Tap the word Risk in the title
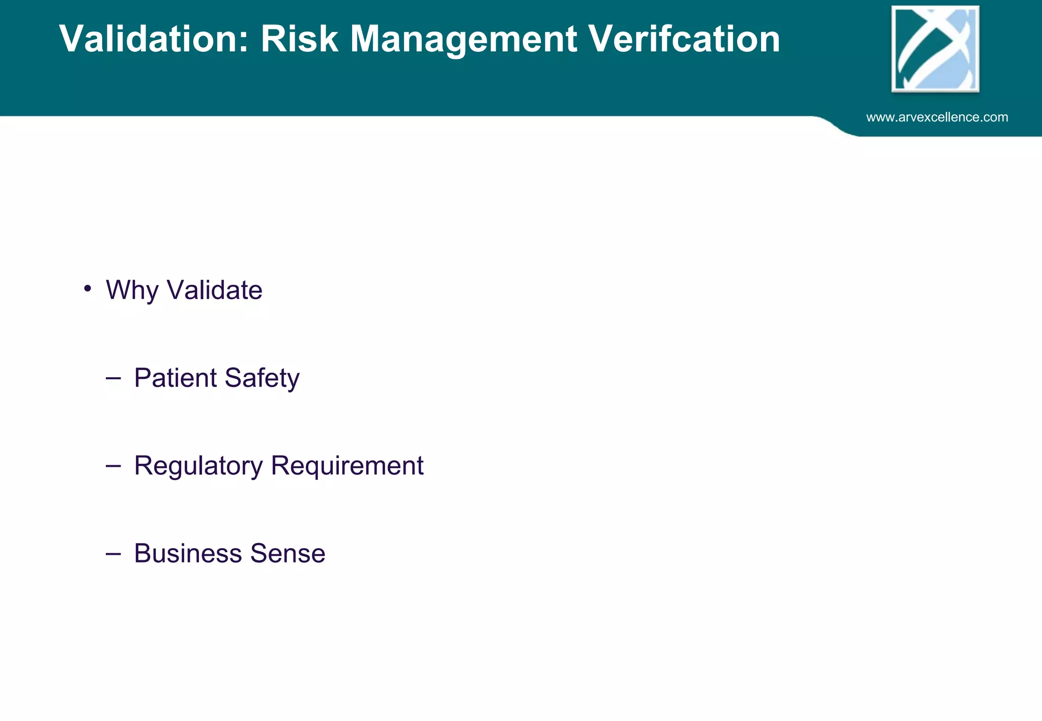pyautogui.click(x=299, y=39)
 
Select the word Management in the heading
pyautogui.click(x=464, y=40)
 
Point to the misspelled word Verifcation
pyautogui.click(x=684, y=39)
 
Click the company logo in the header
pyautogui.click(x=935, y=49)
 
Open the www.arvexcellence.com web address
pyautogui.click(x=937, y=117)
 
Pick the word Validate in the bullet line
pyautogui.click(x=214, y=290)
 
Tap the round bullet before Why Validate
pyautogui.click(x=88, y=288)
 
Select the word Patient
pyautogui.click(x=175, y=378)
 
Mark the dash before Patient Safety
pyautogui.click(x=113, y=378)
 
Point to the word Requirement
pyautogui.click(x=347, y=465)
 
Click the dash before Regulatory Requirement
pyautogui.click(x=113, y=465)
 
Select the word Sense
pyautogui.click(x=287, y=553)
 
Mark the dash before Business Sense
pyautogui.click(x=113, y=553)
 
